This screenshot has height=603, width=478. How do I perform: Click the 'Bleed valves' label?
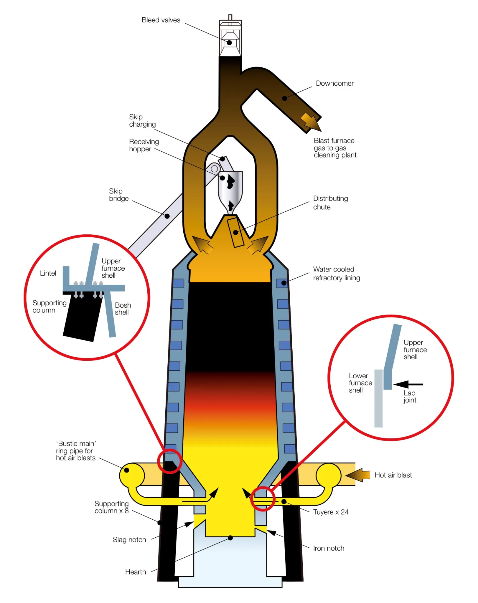point(161,20)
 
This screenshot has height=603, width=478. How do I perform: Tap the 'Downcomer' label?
point(334,83)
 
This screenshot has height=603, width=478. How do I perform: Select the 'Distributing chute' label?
point(330,203)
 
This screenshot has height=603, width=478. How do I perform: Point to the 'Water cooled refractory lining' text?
point(336,274)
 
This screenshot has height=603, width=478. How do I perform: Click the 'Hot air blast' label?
point(393,475)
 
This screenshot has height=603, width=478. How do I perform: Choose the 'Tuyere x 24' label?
point(331,512)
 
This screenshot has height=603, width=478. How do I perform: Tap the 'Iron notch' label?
point(329,548)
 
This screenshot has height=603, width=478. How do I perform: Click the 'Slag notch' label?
point(129,540)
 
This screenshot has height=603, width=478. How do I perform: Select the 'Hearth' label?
point(136,572)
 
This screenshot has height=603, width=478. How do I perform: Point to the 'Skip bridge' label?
point(119,195)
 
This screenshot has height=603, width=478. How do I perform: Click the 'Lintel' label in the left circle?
point(48,273)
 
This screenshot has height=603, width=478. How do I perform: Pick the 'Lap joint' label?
point(410,396)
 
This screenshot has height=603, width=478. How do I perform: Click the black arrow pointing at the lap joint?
point(408,384)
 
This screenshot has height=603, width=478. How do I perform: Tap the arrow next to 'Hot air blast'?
point(358,475)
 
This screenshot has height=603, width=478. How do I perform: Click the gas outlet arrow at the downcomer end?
point(311,122)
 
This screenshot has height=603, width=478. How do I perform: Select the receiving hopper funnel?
point(230,188)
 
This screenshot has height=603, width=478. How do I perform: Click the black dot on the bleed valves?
point(229,43)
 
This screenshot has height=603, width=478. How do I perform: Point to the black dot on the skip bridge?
point(167,216)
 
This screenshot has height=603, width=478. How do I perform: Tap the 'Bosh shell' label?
point(123,309)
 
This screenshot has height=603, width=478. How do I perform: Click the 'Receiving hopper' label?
point(144,145)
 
